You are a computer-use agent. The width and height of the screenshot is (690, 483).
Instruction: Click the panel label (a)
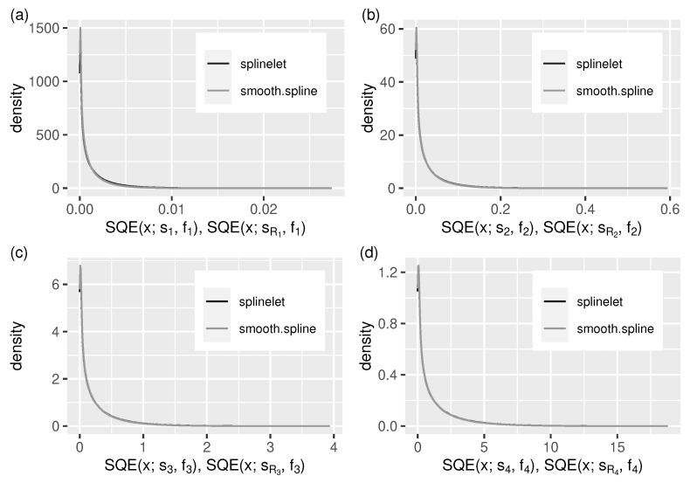(x=12, y=10)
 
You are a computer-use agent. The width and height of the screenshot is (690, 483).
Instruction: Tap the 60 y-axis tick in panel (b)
(x=397, y=29)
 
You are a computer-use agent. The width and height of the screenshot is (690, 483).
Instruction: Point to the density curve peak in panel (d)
(x=418, y=266)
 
